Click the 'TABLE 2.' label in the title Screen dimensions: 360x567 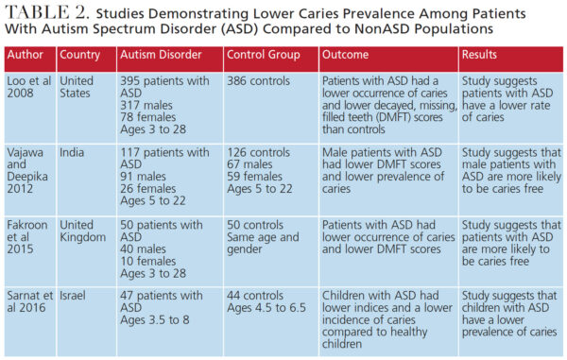[x=59, y=14]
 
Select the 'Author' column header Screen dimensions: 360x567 [x=27, y=55]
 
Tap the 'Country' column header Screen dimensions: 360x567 [x=82, y=55]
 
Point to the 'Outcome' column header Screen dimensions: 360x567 [x=346, y=55]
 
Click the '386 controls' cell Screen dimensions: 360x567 [x=261, y=81]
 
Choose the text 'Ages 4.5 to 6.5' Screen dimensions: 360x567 [x=271, y=316]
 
